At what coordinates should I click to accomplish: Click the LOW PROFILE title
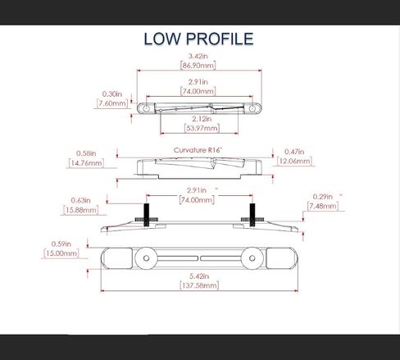click(x=198, y=39)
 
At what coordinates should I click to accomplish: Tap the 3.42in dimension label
click(x=198, y=56)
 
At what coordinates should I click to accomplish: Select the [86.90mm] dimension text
click(x=198, y=66)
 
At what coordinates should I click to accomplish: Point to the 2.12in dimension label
click(x=202, y=119)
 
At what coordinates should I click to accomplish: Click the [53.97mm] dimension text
click(x=202, y=128)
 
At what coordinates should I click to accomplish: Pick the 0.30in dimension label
click(x=112, y=94)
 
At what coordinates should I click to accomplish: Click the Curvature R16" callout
click(x=198, y=150)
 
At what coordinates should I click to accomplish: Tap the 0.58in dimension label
click(x=86, y=153)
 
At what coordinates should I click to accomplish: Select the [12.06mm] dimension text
click(x=294, y=161)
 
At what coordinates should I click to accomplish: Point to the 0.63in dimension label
click(x=80, y=200)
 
